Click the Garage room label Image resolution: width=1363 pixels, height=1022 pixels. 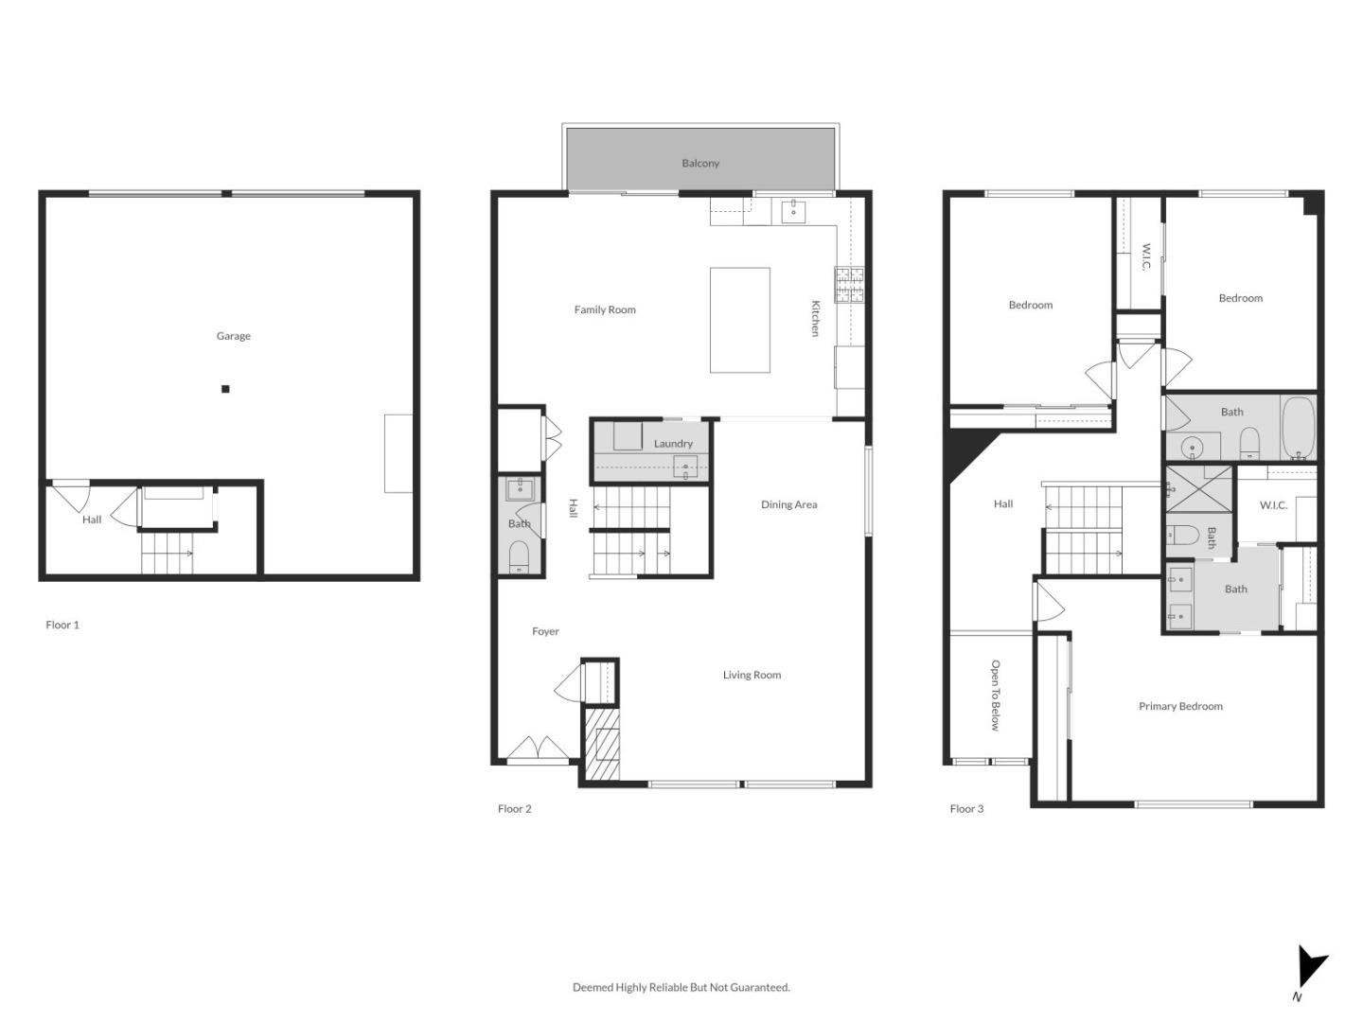pyautogui.click(x=234, y=336)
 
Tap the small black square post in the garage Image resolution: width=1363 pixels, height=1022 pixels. pyautogui.click(x=225, y=389)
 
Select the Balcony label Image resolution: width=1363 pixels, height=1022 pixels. pyautogui.click(x=700, y=163)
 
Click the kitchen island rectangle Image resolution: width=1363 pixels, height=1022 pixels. pyautogui.click(x=739, y=320)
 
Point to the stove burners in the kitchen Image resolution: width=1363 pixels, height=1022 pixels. pyautogui.click(x=849, y=285)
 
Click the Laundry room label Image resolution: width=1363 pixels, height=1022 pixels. pyautogui.click(x=673, y=444)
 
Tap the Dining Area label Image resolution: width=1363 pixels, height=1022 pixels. pyautogui.click(x=788, y=504)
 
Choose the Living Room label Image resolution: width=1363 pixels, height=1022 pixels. pyautogui.click(x=752, y=675)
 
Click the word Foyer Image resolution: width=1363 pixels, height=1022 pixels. pyautogui.click(x=545, y=631)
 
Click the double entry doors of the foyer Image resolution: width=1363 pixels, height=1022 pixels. pyautogui.click(x=538, y=749)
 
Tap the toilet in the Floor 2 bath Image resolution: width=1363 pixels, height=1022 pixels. pyautogui.click(x=519, y=556)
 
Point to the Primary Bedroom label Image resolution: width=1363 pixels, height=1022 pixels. pyautogui.click(x=1180, y=706)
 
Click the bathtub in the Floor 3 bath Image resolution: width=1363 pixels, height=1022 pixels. pyautogui.click(x=1299, y=428)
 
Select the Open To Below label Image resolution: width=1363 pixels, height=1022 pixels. pyautogui.click(x=995, y=696)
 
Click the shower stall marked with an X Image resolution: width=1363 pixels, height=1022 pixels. pyautogui.click(x=1198, y=489)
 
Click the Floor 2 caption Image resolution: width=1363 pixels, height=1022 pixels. pyautogui.click(x=514, y=808)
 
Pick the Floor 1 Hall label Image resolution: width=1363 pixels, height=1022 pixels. pyautogui.click(x=92, y=520)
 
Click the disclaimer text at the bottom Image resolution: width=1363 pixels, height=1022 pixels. pyautogui.click(x=681, y=987)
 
